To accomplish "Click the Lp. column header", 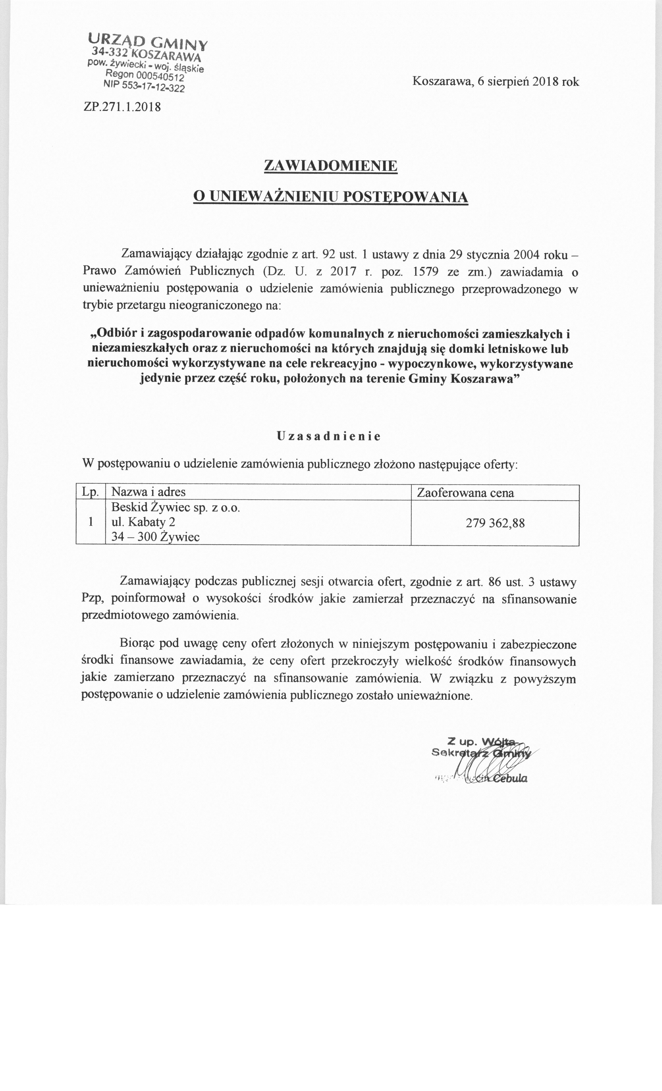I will (91, 492).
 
